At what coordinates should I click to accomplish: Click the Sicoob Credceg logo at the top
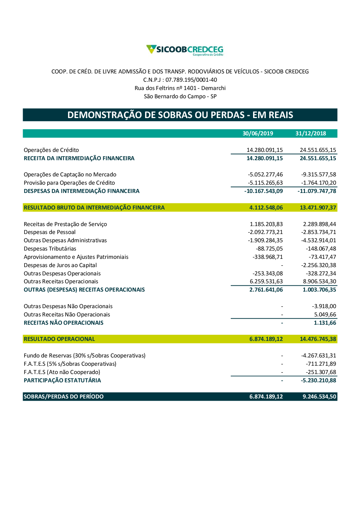(x=185, y=50)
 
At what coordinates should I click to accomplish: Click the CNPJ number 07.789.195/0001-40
(x=191, y=80)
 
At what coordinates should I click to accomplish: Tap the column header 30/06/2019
(x=258, y=134)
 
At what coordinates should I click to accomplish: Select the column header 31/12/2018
(x=311, y=134)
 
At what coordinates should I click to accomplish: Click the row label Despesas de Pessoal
(x=50, y=232)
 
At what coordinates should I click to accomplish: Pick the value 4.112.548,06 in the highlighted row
(x=266, y=208)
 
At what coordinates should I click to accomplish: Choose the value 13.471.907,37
(x=318, y=208)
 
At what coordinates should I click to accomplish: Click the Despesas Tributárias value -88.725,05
(x=269, y=249)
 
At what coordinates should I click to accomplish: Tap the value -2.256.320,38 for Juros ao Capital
(x=319, y=265)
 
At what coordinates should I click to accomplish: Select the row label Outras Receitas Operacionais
(x=61, y=281)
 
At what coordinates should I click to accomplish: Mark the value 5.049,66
(x=325, y=315)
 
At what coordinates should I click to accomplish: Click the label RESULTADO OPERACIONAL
(x=59, y=339)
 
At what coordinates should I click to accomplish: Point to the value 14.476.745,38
(x=318, y=339)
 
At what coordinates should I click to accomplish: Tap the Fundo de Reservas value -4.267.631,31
(x=319, y=356)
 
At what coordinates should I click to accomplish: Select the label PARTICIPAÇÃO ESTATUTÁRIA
(x=62, y=380)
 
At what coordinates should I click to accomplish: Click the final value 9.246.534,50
(x=319, y=397)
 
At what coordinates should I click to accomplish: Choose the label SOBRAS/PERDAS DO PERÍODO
(x=64, y=397)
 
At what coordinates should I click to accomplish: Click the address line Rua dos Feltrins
(x=180, y=88)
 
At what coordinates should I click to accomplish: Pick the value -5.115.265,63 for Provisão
(x=265, y=183)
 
